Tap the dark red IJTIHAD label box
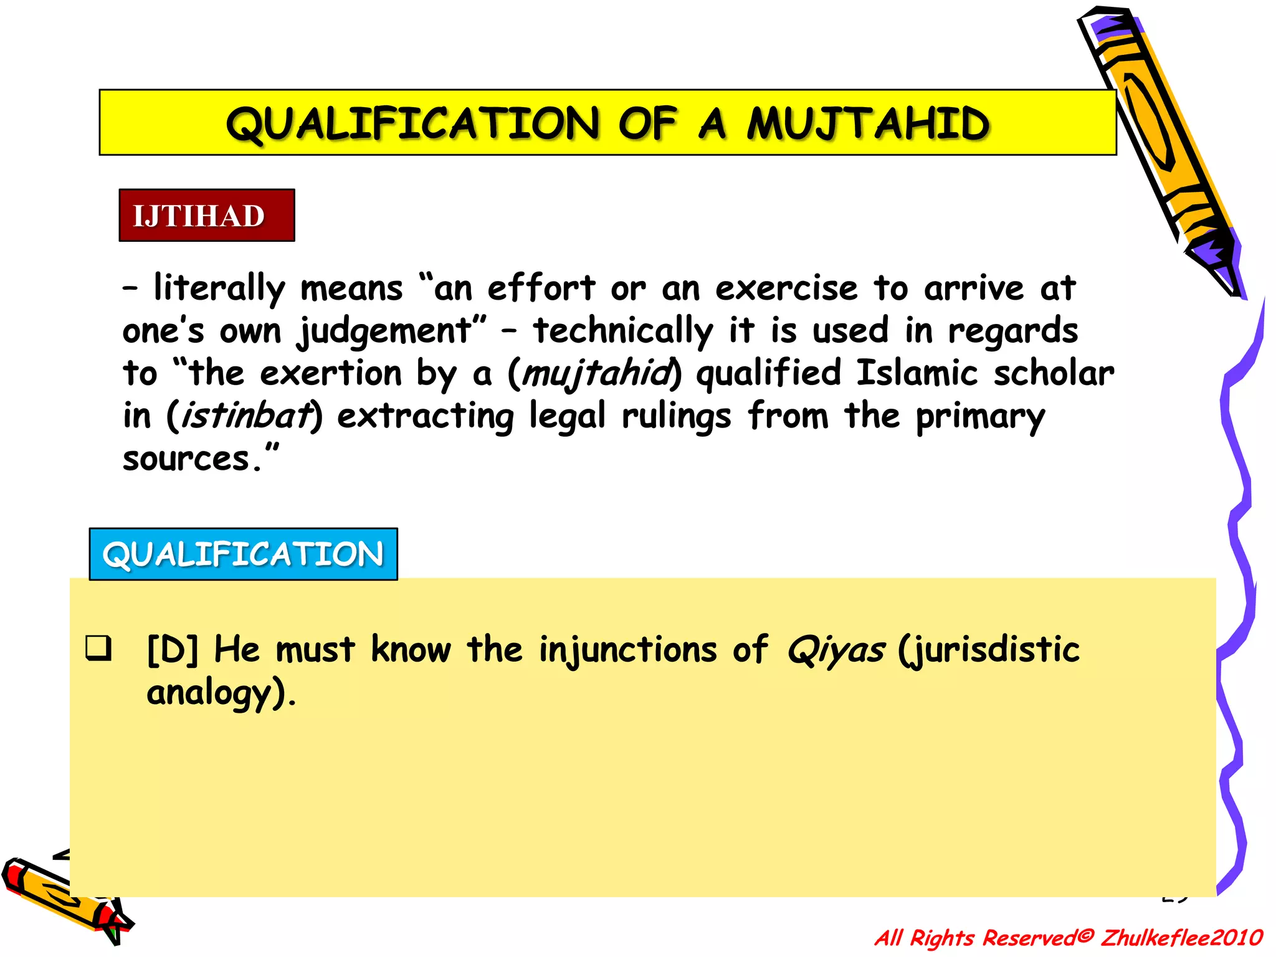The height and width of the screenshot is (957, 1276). [x=206, y=216]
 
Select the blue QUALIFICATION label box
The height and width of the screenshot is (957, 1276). [x=243, y=554]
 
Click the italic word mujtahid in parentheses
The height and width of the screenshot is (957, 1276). [x=596, y=374]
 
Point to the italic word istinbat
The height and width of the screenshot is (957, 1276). [x=245, y=416]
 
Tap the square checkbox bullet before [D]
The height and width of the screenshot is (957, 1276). [x=98, y=648]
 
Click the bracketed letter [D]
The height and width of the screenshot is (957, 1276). [x=173, y=650]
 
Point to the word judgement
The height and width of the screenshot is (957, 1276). [x=384, y=331]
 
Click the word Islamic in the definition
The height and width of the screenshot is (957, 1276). [x=917, y=374]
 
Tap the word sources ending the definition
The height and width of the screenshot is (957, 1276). [x=186, y=459]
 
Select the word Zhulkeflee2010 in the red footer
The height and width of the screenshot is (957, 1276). [x=1181, y=938]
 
